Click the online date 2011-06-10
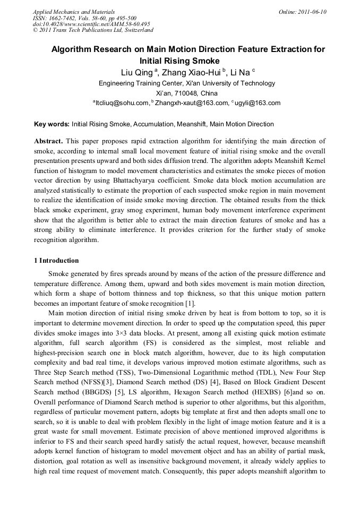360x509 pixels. coord(313,12)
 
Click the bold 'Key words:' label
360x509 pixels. coord(52,124)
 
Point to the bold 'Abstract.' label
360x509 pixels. coord(48,141)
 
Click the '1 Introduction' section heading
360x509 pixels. coord(56,261)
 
